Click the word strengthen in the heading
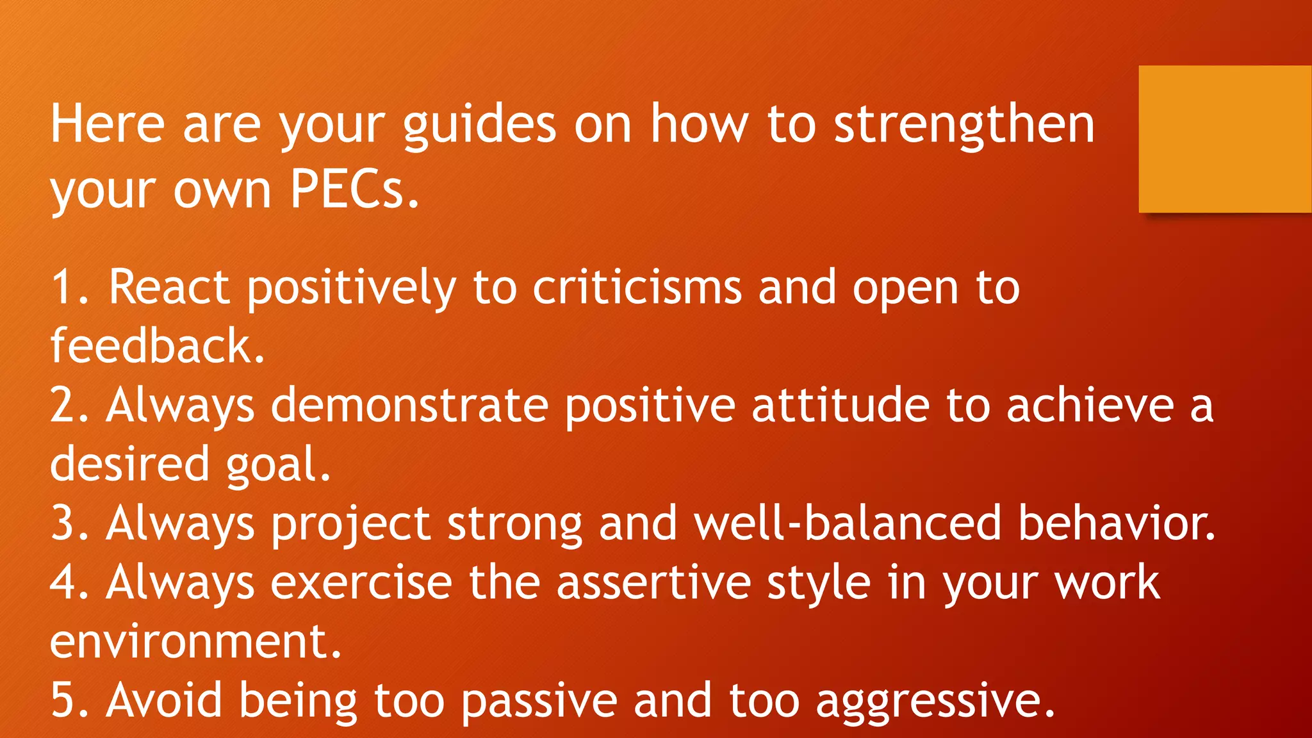coord(964,124)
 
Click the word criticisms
coord(637,287)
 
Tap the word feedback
coord(157,346)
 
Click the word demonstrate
coord(409,405)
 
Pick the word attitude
coord(840,405)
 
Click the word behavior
coord(1116,523)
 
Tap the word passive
coord(539,701)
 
